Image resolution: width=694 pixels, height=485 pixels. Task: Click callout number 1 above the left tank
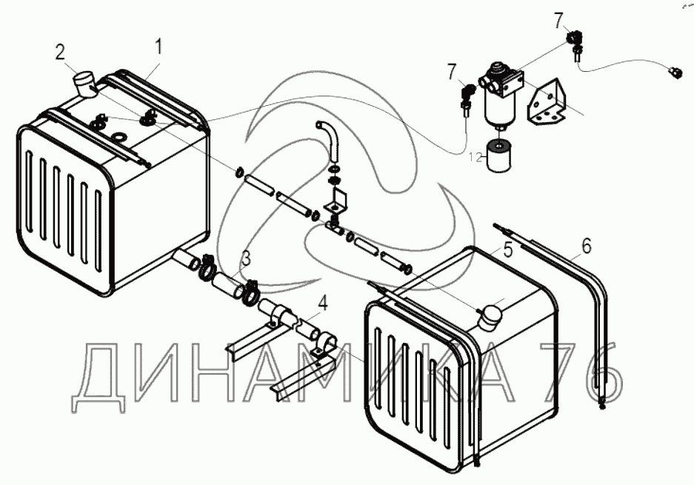(x=159, y=47)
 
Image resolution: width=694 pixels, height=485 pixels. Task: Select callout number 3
(x=246, y=258)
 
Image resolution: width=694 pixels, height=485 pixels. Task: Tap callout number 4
(x=322, y=302)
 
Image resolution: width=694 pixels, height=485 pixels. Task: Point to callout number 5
(x=507, y=250)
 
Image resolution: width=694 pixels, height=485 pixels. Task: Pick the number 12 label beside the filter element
(x=474, y=156)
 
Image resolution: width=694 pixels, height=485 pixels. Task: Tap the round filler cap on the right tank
(x=490, y=316)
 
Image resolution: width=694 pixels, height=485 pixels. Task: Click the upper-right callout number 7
(x=559, y=21)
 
